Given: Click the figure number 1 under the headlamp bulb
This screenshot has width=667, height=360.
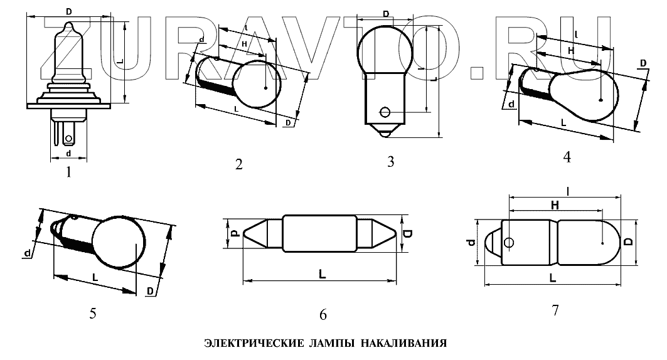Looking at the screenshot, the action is pos(68,172).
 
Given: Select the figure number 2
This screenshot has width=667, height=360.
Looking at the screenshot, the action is pos(239,164).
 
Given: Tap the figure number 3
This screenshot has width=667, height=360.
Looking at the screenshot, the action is pos(391,162).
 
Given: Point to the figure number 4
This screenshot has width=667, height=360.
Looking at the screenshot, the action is pos(567,157).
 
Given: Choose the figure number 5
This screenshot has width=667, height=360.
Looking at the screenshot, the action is pos(93,314).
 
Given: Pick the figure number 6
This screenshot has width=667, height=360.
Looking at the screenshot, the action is pos(323,315).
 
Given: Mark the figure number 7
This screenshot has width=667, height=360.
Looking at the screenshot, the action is pos(555,310).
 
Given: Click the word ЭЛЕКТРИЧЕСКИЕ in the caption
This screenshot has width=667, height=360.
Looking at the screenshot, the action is pos(254,343).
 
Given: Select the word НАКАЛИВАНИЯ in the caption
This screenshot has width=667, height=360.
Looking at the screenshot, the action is pos(404,343).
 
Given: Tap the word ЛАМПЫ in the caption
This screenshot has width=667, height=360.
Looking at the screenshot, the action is pos(332,343).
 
